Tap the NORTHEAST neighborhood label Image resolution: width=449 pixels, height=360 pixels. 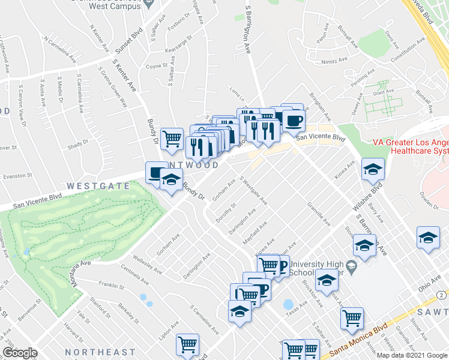point(100,352)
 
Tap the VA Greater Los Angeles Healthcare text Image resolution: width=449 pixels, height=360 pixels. point(411,147)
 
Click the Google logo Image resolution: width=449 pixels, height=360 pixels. point(20,353)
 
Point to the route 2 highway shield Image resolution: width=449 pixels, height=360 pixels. point(441,296)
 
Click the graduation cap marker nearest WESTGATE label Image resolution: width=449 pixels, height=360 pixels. point(171,179)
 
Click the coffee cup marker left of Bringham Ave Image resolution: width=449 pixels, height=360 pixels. point(294,121)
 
